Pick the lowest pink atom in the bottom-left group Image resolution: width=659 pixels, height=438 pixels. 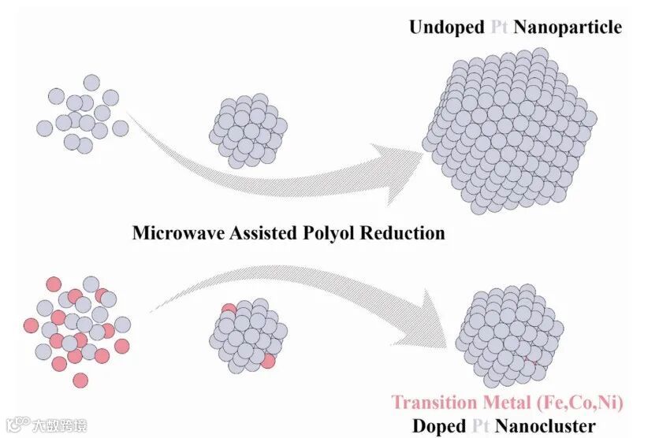pos(80,380)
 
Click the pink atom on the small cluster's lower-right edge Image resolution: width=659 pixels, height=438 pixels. pos(268,361)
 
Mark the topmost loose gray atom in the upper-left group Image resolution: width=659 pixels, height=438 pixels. pos(92,82)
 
